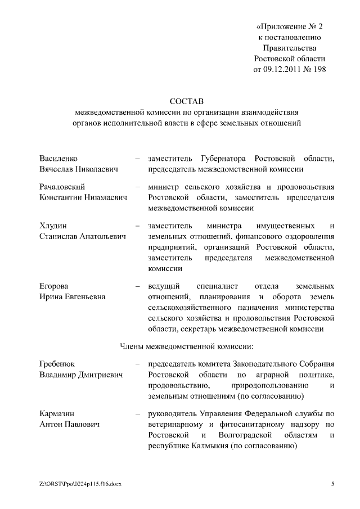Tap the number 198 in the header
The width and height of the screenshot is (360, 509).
pyautogui.click(x=318, y=69)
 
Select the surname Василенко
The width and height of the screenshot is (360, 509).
pyautogui.click(x=58, y=159)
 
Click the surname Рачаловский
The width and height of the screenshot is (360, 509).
pyautogui.click(x=62, y=187)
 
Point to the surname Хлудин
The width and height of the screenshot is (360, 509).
pyautogui.click(x=52, y=226)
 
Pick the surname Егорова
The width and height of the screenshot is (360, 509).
pyautogui.click(x=55, y=286)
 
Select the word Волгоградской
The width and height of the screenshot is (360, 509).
pyautogui.click(x=246, y=435)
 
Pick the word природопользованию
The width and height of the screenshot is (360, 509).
pyautogui.click(x=268, y=386)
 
